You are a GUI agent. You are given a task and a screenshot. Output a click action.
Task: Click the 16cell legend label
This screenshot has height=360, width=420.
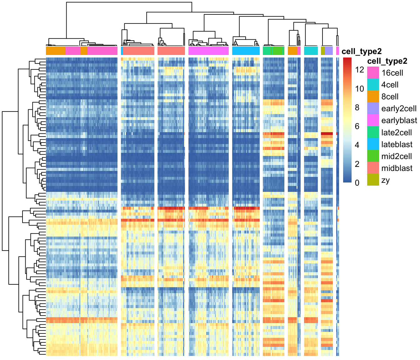pyautogui.click(x=392, y=73)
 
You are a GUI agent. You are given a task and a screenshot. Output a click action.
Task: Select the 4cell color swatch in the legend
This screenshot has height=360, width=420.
pyautogui.click(x=373, y=84)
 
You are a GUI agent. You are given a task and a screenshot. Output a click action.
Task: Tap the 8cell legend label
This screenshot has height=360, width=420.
pyautogui.click(x=390, y=97)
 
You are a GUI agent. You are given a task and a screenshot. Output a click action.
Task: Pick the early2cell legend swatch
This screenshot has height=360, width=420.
pyautogui.click(x=373, y=108)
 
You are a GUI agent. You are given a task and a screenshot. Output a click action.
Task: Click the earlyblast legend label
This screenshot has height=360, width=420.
pyautogui.click(x=399, y=121)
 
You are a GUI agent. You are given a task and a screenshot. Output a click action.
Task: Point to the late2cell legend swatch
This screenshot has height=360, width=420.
pyautogui.click(x=373, y=132)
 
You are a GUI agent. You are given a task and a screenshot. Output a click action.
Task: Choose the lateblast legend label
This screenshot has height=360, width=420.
pyautogui.click(x=397, y=144)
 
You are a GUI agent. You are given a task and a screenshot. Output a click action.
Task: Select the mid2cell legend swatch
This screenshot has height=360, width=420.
pyautogui.click(x=373, y=156)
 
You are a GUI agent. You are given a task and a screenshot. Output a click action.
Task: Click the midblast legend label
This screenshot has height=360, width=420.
pyautogui.click(x=397, y=168)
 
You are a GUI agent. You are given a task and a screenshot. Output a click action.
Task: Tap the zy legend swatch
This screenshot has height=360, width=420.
pyautogui.click(x=373, y=180)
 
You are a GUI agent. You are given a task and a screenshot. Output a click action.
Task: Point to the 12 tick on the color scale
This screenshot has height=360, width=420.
pyautogui.click(x=359, y=70)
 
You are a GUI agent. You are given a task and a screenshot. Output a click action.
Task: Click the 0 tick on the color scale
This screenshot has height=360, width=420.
pyautogui.click(x=357, y=183)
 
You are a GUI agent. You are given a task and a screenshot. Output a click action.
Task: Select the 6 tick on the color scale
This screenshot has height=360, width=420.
pyautogui.click(x=357, y=126)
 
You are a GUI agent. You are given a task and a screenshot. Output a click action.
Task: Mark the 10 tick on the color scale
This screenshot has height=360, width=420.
pyautogui.click(x=359, y=89)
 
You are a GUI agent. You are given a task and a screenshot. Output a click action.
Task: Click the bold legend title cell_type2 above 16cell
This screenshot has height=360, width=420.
pyautogui.click(x=387, y=61)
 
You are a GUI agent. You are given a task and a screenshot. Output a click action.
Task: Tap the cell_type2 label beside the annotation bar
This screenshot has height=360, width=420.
pyautogui.click(x=362, y=52)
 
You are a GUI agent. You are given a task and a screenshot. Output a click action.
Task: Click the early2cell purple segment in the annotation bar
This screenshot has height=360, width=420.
pyautogui.click(x=329, y=51)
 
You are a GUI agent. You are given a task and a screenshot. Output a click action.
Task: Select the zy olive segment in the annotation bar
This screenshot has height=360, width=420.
pyautogui.click(x=323, y=51)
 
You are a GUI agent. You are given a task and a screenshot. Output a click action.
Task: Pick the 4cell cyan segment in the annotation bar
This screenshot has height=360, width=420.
pyautogui.click(x=311, y=51)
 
